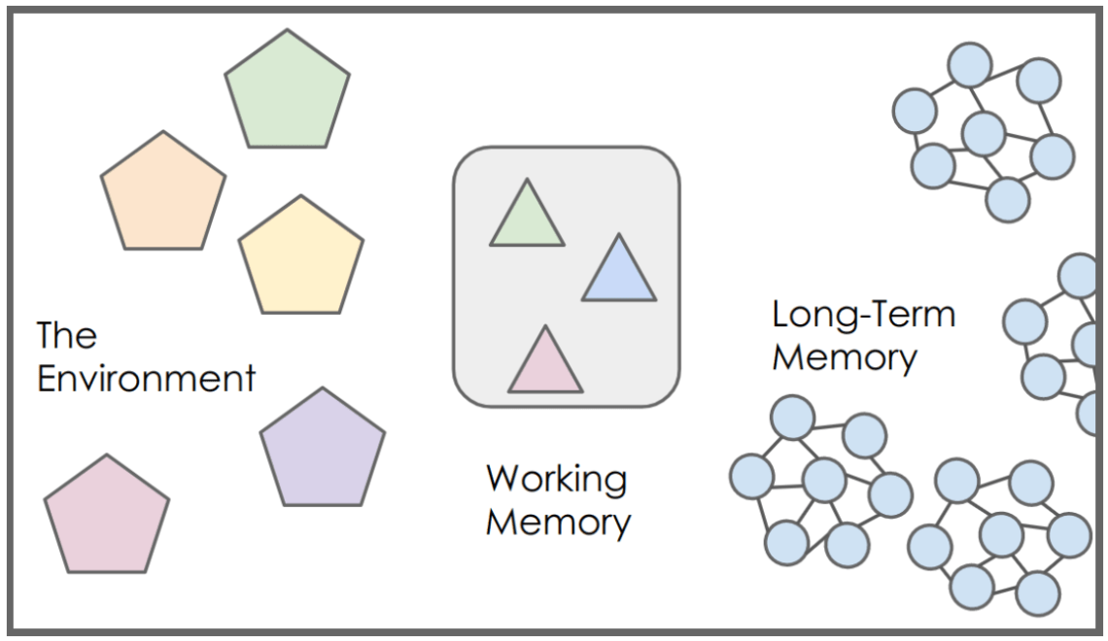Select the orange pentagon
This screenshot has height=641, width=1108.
click(163, 195)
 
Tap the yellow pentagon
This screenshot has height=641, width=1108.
click(301, 259)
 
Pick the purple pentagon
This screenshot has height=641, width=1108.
click(323, 452)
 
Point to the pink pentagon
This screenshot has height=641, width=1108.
click(107, 518)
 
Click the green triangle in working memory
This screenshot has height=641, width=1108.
click(527, 219)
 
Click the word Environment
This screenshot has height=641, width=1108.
click(146, 378)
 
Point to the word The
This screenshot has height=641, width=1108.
click(66, 335)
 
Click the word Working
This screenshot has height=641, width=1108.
click(557, 479)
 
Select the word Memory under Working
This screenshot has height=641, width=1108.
click(558, 522)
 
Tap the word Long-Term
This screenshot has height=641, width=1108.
click(863, 314)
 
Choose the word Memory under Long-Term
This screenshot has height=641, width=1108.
click(844, 356)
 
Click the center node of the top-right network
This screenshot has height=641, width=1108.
click(983, 134)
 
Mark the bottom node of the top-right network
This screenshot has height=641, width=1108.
click(1007, 200)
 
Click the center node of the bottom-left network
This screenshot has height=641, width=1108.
click(824, 478)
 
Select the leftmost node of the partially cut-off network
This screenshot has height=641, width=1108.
click(1024, 320)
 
